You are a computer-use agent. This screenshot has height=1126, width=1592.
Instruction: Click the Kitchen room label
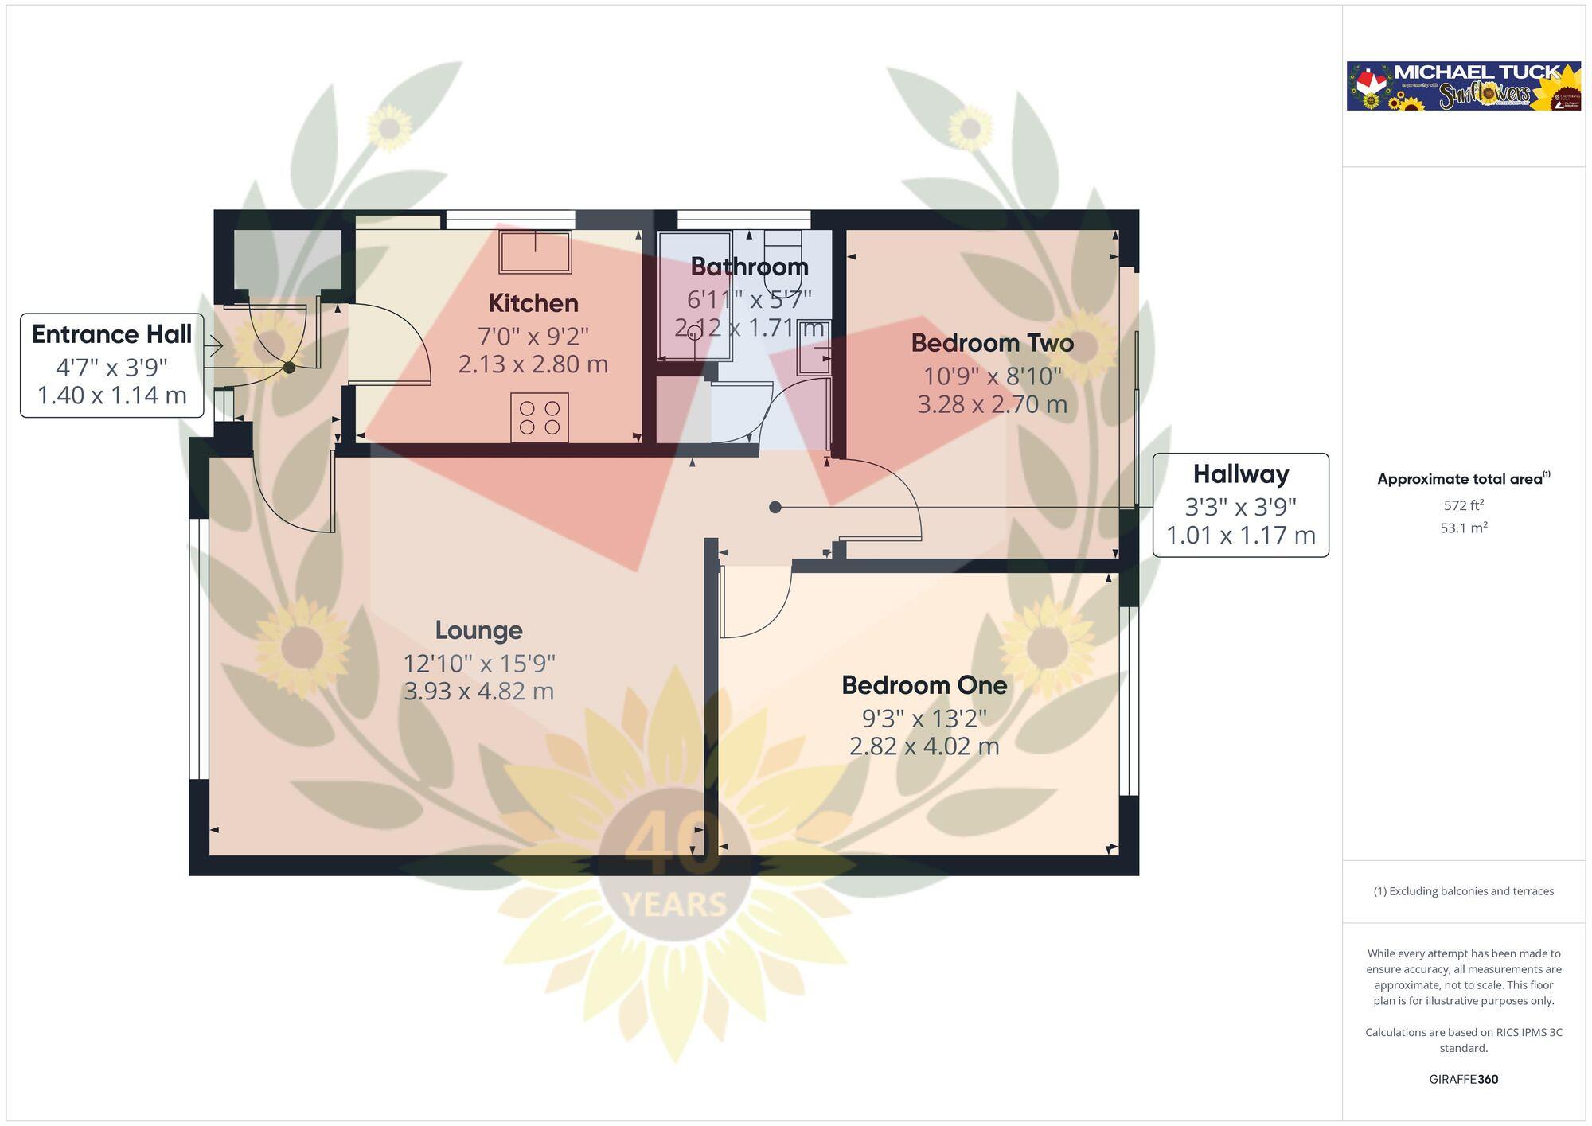[533, 303]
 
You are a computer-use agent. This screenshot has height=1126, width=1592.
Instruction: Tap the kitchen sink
[535, 251]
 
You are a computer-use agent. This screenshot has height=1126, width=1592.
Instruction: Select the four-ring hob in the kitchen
[539, 418]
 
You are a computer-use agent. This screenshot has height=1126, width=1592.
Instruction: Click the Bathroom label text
[749, 267]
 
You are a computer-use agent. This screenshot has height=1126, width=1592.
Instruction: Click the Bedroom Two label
[992, 343]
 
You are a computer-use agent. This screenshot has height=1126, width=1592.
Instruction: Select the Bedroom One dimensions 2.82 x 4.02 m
[923, 746]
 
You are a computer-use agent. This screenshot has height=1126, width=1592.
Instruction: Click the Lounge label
[478, 630]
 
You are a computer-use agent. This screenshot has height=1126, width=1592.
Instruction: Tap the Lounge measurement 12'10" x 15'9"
[478, 663]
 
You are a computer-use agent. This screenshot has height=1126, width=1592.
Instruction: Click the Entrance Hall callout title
[111, 334]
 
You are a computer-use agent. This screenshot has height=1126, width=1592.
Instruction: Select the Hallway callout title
[1240, 474]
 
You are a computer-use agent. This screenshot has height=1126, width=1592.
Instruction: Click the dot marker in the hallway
[775, 507]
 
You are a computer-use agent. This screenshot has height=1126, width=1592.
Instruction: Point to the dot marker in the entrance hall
[290, 368]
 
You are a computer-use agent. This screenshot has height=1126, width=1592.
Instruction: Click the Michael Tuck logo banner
[1463, 86]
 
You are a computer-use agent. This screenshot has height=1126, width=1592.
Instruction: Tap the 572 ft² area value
[1463, 505]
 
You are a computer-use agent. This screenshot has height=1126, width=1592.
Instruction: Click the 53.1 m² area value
[1463, 528]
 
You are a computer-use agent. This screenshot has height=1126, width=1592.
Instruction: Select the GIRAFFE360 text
[1463, 1079]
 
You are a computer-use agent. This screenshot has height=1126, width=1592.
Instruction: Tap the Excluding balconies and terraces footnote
[1463, 891]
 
